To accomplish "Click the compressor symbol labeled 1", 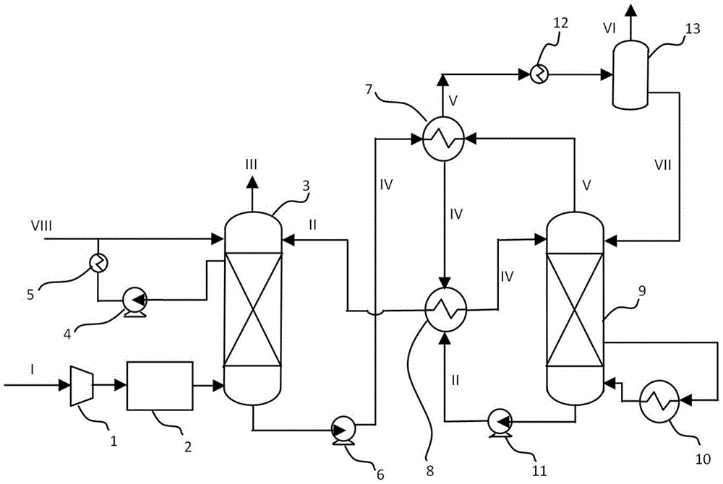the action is click(x=82, y=386).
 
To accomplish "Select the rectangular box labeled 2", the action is click(x=160, y=386).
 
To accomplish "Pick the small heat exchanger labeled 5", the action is click(x=98, y=263).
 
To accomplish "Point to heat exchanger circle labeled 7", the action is click(x=443, y=138).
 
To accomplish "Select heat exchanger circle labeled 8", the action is click(x=445, y=309).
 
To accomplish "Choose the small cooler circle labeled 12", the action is click(x=539, y=74).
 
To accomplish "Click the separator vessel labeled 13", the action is click(x=630, y=74).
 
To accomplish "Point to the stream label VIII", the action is click(x=41, y=226).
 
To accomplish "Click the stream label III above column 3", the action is click(x=252, y=165).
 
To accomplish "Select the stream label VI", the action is click(x=609, y=29).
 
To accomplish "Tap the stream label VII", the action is click(x=663, y=165).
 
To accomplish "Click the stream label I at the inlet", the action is click(x=33, y=369).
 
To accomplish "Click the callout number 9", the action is click(x=641, y=290).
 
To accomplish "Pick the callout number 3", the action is click(x=306, y=186).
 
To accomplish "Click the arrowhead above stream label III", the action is click(x=252, y=183).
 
